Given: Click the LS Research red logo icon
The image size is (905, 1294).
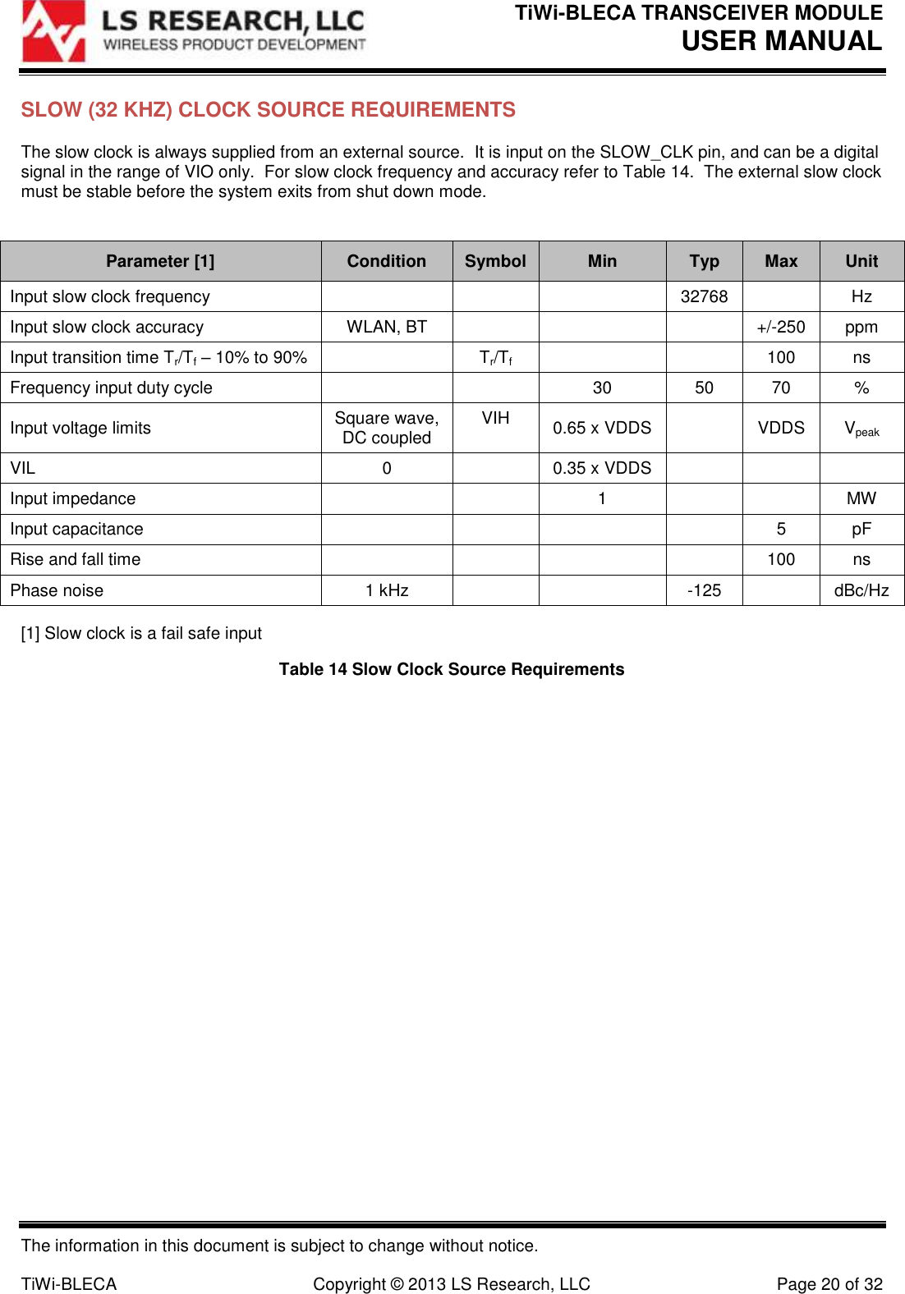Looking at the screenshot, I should tap(54, 32).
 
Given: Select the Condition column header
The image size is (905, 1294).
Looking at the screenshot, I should tap(386, 261).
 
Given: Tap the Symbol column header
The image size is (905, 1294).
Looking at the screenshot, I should tap(495, 261).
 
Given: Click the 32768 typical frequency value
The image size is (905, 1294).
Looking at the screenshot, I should tap(704, 296).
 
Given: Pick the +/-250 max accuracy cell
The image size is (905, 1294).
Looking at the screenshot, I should tap(780, 327).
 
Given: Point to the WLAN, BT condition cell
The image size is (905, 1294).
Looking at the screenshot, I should tap(386, 327).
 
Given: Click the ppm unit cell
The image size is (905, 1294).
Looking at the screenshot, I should tap(861, 327).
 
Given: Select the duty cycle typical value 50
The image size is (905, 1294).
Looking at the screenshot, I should tap(704, 388).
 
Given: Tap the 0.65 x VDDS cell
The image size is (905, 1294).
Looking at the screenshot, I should tap(601, 428).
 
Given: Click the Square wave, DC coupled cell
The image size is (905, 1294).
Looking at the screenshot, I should tap(386, 428).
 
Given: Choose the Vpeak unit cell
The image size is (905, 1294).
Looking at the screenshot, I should tap(861, 429).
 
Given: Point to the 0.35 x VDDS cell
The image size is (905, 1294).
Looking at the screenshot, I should tap(601, 468).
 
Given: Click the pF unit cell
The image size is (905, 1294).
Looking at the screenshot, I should tap(861, 529).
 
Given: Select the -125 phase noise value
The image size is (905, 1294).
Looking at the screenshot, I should tap(704, 590).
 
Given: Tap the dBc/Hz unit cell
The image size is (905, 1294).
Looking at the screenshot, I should tap(861, 590).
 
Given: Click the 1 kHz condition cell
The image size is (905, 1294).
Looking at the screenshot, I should tap(386, 590).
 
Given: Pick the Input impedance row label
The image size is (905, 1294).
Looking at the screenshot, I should tap(73, 498).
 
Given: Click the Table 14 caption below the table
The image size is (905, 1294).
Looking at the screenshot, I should tap(451, 669).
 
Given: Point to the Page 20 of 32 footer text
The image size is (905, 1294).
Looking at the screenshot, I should tap(829, 1284).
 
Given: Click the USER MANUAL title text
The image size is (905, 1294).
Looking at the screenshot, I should tap(781, 40).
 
